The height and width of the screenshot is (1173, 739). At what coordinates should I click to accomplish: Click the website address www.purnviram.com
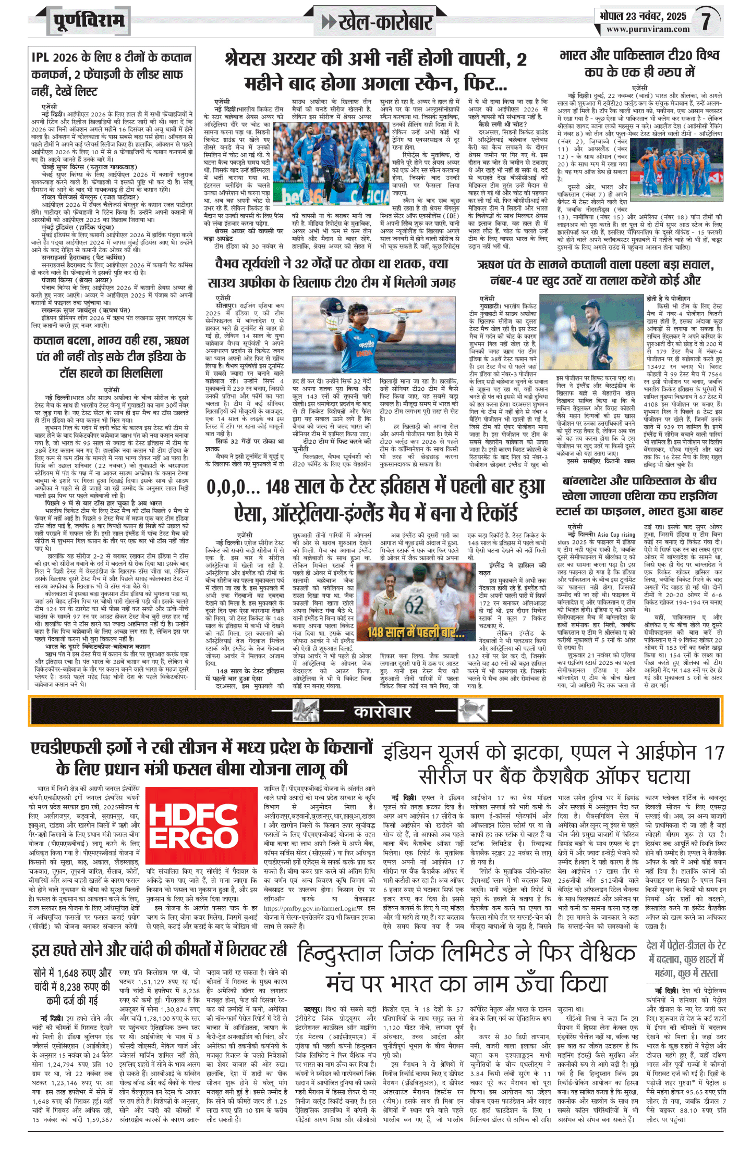tap(648, 29)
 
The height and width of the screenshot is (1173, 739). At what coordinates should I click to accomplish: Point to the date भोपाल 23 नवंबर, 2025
tap(643, 16)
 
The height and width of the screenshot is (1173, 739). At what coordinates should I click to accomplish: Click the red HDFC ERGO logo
tap(201, 826)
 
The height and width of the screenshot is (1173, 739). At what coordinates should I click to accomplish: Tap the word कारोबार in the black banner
tap(383, 711)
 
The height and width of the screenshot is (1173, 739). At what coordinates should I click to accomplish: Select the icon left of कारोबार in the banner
tap(306, 711)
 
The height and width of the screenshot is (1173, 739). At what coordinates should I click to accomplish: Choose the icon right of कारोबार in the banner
tap(472, 711)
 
